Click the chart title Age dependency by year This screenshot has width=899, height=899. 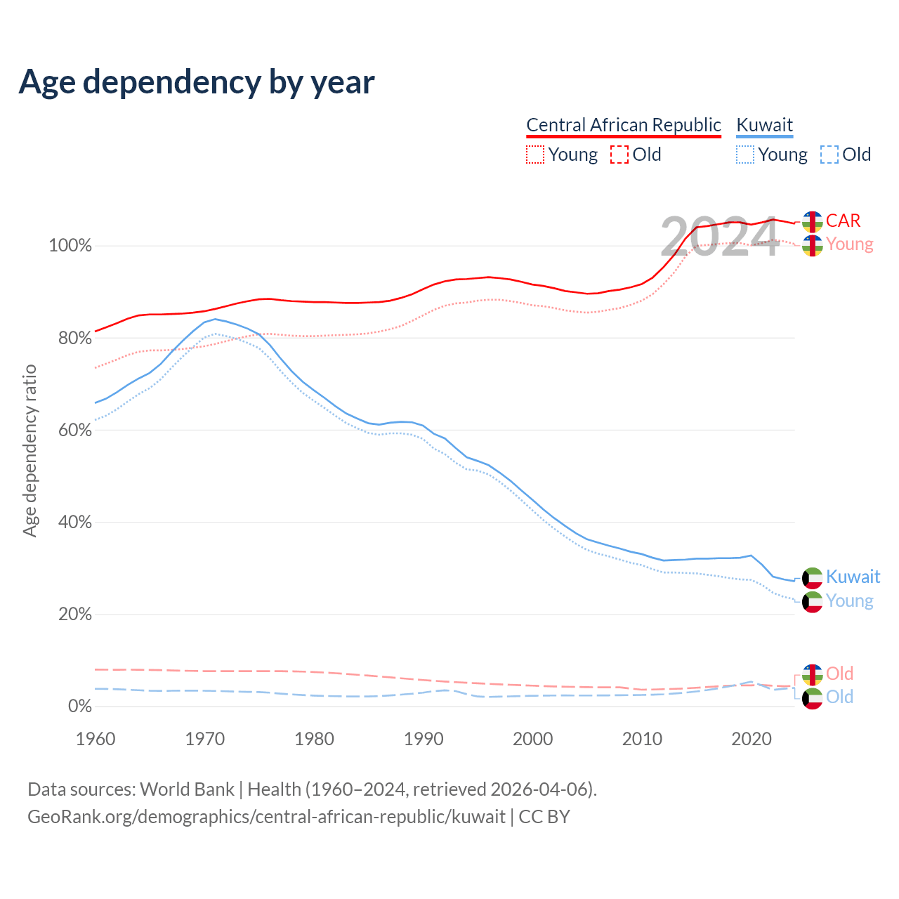(197, 82)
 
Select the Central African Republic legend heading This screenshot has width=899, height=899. (623, 125)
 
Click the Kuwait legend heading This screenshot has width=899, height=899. (764, 125)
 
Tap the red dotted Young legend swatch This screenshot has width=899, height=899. (535, 155)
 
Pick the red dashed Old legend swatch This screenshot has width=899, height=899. (619, 155)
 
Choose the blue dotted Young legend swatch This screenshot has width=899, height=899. (745, 155)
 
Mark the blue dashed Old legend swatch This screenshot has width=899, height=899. (829, 155)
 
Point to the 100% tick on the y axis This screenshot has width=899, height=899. (70, 246)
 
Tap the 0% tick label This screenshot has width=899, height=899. (79, 707)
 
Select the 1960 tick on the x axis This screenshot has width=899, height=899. (96, 739)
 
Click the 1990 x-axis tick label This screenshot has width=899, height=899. (424, 739)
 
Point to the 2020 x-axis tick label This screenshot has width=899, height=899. (752, 739)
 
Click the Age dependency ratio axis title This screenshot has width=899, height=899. (29, 450)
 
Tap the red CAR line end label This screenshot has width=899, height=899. (843, 221)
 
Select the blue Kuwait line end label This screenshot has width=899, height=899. (853, 577)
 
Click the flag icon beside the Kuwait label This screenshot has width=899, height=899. (813, 577)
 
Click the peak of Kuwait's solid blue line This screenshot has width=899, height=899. (215, 319)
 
